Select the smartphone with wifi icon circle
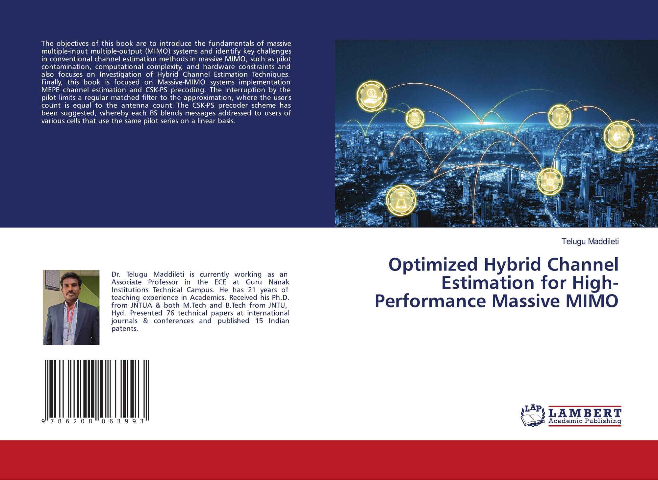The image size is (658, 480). point(401,200)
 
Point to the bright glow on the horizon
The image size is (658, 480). point(481,123)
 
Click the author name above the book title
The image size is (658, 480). point(590,241)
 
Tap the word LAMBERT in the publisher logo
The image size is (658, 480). point(585,413)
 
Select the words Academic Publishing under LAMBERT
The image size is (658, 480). point(585,421)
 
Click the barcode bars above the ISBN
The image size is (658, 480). point(97,389)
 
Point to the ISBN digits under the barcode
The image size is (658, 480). point(93,421)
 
